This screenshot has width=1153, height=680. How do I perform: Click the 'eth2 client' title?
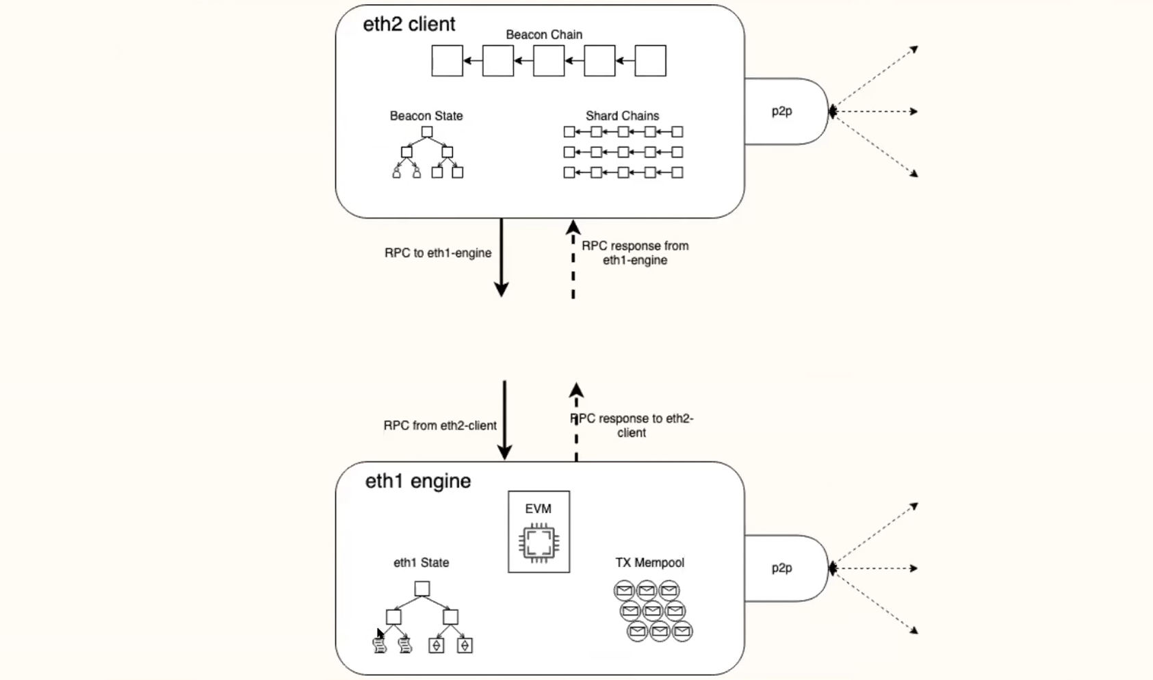click(409, 25)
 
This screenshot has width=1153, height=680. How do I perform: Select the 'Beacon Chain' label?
click(544, 35)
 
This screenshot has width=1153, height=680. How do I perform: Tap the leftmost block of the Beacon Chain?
click(447, 61)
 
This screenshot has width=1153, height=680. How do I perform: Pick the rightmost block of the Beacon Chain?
click(650, 61)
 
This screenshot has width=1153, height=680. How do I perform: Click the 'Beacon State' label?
click(426, 116)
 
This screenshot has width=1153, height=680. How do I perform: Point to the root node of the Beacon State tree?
click(427, 132)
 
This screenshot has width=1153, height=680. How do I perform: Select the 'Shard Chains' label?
click(622, 116)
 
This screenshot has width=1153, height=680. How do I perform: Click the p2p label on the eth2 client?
click(781, 112)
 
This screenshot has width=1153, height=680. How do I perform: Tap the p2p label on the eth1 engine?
click(781, 568)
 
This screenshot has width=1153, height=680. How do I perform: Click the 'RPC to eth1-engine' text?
click(438, 253)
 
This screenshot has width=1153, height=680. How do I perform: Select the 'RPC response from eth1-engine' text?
click(635, 253)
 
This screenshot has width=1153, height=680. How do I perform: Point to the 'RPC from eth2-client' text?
click(440, 426)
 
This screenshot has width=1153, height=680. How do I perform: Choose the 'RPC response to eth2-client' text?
click(632, 426)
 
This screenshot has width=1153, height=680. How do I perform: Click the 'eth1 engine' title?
click(417, 481)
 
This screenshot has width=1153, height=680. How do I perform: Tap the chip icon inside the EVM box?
click(539, 543)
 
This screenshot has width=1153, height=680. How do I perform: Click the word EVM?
click(539, 509)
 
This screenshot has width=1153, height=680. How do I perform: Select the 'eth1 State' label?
click(421, 563)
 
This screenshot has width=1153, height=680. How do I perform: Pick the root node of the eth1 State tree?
click(422, 589)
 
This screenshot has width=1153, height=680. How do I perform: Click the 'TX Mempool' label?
click(649, 563)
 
